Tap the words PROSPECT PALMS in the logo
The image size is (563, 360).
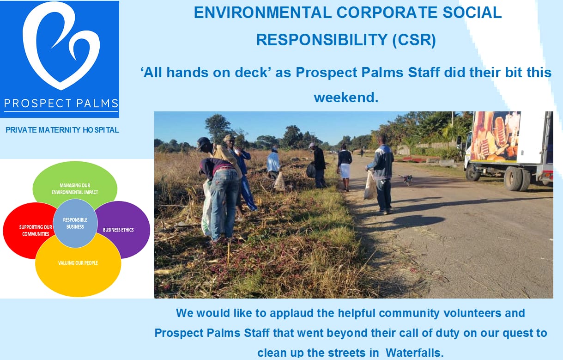click(x=61, y=104)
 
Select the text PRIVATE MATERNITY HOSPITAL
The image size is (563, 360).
click(x=62, y=130)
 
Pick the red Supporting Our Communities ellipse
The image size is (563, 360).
click(x=28, y=231)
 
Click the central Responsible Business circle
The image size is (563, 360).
click(x=75, y=223)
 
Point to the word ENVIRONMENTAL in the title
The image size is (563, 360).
click(x=263, y=12)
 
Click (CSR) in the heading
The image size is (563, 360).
click(x=414, y=40)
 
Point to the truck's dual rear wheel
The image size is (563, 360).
click(x=517, y=178)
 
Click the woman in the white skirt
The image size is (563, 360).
click(x=345, y=167)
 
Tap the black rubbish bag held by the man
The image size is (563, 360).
click(x=311, y=171)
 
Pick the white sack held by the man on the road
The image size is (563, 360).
click(x=370, y=186)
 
